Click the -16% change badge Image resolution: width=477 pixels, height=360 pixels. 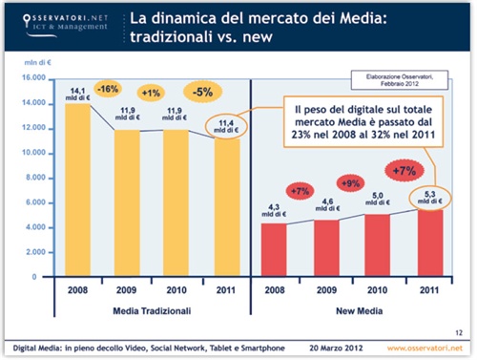[x=108, y=89]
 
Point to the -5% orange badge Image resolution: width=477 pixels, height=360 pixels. [x=201, y=93]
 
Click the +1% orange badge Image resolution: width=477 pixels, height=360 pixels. [x=151, y=94]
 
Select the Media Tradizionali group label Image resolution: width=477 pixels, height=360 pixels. [x=150, y=311]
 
